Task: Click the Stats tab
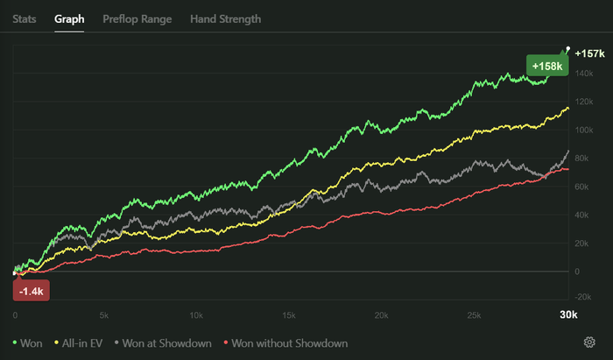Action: tap(25, 18)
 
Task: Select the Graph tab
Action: tap(68, 18)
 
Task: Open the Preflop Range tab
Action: tap(137, 18)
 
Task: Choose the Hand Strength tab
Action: tap(225, 18)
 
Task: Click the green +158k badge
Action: tap(547, 66)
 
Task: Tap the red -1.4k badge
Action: tap(32, 289)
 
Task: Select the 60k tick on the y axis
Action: tap(582, 187)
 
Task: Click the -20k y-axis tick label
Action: tap(584, 299)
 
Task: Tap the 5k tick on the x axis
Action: tap(105, 314)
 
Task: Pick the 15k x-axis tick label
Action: tap(289, 314)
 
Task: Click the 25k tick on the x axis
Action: tap(473, 314)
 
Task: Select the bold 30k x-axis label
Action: tap(568, 314)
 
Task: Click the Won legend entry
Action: tap(31, 343)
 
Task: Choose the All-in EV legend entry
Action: tap(81, 343)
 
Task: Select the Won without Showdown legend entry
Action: tap(286, 343)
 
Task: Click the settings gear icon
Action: tap(589, 342)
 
